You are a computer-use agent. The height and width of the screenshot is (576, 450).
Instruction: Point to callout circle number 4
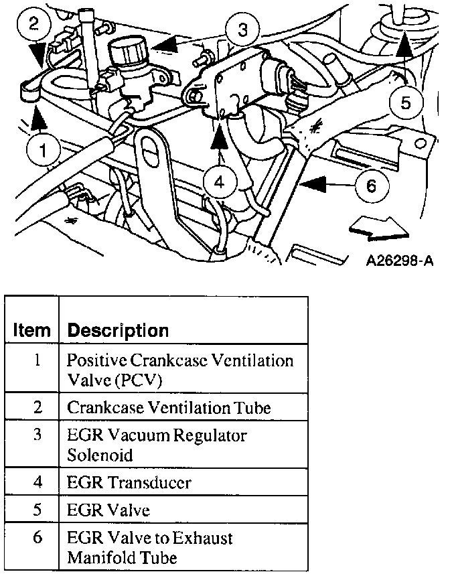[x=220, y=179]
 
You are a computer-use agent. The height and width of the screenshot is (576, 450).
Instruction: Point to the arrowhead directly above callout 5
[x=404, y=46]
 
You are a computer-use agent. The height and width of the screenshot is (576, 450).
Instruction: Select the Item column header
[x=32, y=330]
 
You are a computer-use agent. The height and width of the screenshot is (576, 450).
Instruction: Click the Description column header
[x=119, y=330]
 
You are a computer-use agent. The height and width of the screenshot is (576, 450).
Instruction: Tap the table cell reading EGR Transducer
[x=129, y=482]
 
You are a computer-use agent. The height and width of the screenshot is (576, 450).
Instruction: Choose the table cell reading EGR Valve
[x=108, y=510]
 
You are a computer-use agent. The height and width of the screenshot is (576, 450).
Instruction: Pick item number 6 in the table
[x=37, y=538]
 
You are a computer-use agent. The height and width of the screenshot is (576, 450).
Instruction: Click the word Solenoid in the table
[x=100, y=455]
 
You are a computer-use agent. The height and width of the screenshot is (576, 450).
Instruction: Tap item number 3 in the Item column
[x=37, y=435]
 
